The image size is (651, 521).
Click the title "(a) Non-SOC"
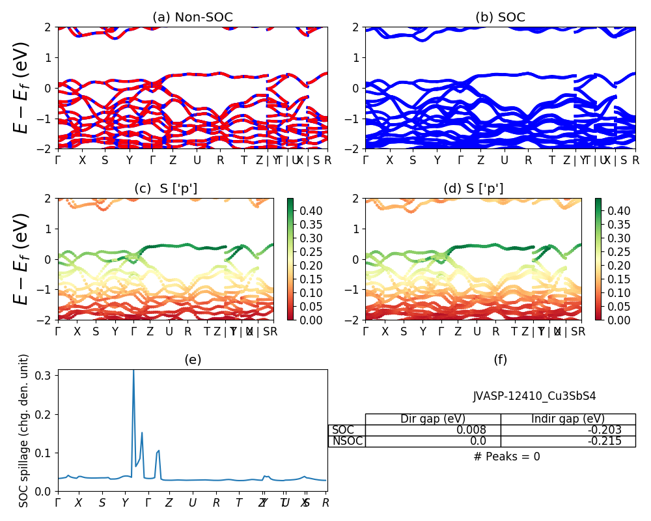click(193, 18)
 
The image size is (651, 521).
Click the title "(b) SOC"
click(500, 18)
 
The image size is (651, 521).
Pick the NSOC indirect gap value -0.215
click(602, 441)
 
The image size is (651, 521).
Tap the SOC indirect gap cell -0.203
click(602, 430)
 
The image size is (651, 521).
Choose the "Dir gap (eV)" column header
click(432, 419)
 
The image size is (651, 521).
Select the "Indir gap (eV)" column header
click(568, 419)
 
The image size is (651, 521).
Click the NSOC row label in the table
click(346, 441)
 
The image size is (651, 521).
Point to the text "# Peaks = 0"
click(506, 457)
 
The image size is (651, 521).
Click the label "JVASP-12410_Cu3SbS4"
click(534, 395)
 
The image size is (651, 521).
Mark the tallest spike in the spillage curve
click(133, 371)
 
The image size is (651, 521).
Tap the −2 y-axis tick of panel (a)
click(46, 148)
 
